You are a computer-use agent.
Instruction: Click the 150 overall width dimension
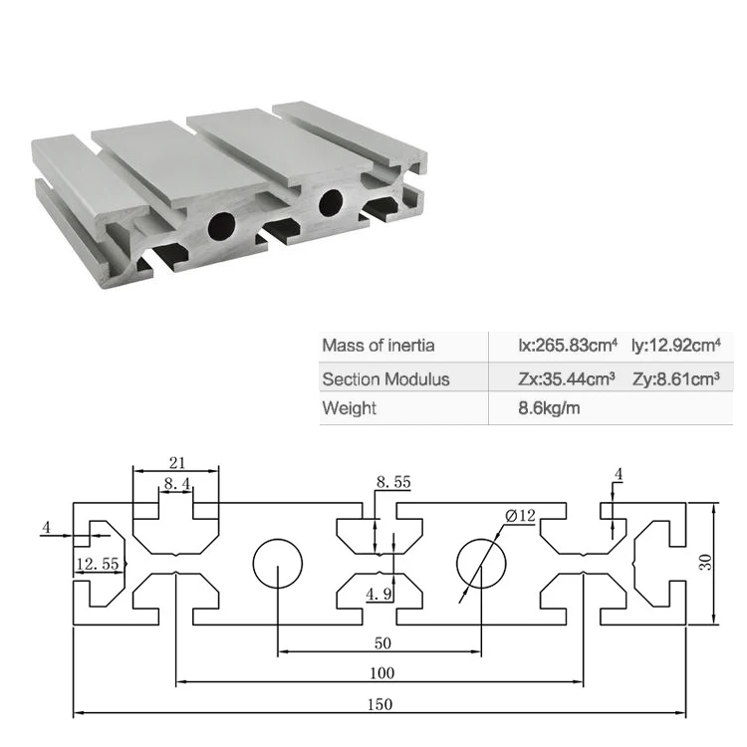coord(378,704)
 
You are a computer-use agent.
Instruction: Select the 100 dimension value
coord(381,673)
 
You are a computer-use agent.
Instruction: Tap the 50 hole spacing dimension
coord(381,642)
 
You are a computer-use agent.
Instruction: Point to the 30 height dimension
coord(705,563)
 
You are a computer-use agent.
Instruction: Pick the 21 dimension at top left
coord(178,461)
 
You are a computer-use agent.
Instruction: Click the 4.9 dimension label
coord(378,595)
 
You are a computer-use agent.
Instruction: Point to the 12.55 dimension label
coord(98,565)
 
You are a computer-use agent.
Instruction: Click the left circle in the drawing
coord(277,565)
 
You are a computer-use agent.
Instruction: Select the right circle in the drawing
coord(482,565)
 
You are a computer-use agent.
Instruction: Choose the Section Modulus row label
coord(385,378)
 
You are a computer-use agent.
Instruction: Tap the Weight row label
coord(349,408)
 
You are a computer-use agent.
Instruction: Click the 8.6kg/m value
coord(550,408)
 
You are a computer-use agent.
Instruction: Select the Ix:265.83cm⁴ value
coord(568,346)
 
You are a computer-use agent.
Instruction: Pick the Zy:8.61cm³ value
coord(675,378)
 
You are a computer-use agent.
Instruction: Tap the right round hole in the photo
coord(330,203)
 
